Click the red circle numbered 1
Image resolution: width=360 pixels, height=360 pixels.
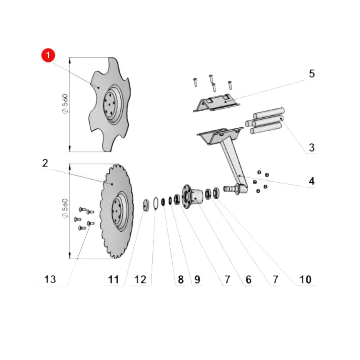(x=48, y=55)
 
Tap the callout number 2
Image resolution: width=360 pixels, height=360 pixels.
(x=45, y=163)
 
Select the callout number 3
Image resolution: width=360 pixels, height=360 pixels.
(x=312, y=148)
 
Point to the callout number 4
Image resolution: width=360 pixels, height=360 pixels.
(x=312, y=181)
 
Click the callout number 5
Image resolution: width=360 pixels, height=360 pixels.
(x=312, y=74)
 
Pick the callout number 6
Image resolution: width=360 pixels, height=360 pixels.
(x=248, y=280)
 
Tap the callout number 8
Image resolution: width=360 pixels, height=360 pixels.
(x=181, y=280)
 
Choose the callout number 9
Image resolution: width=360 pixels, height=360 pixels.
(x=197, y=280)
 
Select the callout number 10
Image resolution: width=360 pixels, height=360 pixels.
(x=305, y=280)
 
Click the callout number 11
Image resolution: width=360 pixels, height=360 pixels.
(x=114, y=280)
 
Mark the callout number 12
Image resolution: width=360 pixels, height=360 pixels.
(x=140, y=280)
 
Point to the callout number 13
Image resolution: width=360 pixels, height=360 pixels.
(x=50, y=280)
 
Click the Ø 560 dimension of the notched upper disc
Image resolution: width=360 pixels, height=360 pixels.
(x=65, y=104)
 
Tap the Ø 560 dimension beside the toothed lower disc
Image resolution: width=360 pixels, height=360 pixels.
(x=65, y=208)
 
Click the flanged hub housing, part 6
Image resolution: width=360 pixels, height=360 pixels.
(x=192, y=197)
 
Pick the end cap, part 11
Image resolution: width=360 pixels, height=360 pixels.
(x=146, y=205)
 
